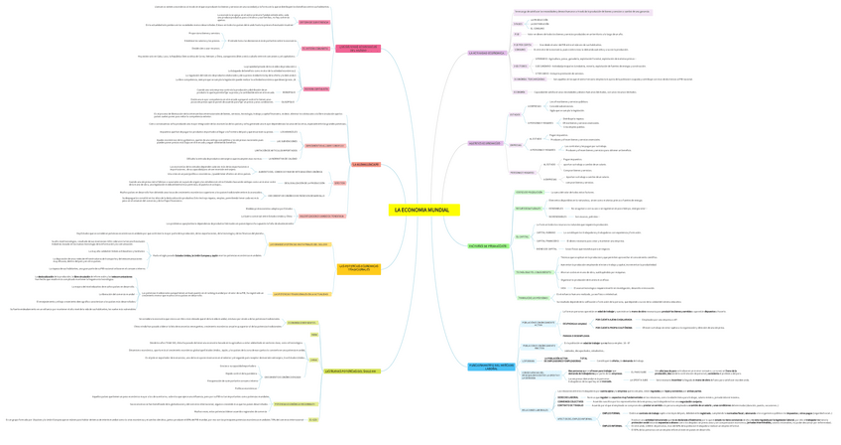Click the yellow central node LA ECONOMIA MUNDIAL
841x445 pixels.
420,211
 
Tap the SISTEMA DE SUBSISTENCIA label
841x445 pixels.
314,21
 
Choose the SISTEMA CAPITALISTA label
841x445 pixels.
315,89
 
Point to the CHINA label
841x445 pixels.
313,360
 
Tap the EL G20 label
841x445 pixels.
313,419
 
